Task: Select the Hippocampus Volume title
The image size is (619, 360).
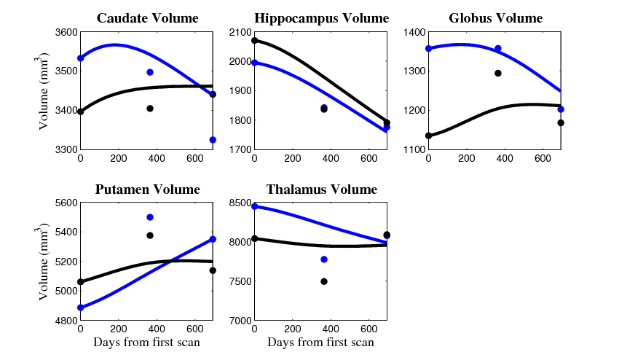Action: click(x=321, y=18)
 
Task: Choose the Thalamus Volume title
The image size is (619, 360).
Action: click(x=321, y=189)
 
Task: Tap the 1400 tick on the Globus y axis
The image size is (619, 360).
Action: click(x=410, y=32)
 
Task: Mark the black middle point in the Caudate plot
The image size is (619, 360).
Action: click(x=150, y=109)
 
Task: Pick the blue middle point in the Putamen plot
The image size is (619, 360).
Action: click(x=150, y=217)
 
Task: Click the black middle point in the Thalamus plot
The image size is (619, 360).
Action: click(x=324, y=281)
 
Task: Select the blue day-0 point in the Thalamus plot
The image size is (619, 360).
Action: click(x=254, y=206)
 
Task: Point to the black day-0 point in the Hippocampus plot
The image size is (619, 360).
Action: click(x=254, y=41)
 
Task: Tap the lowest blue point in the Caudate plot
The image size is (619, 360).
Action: click(x=213, y=140)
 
